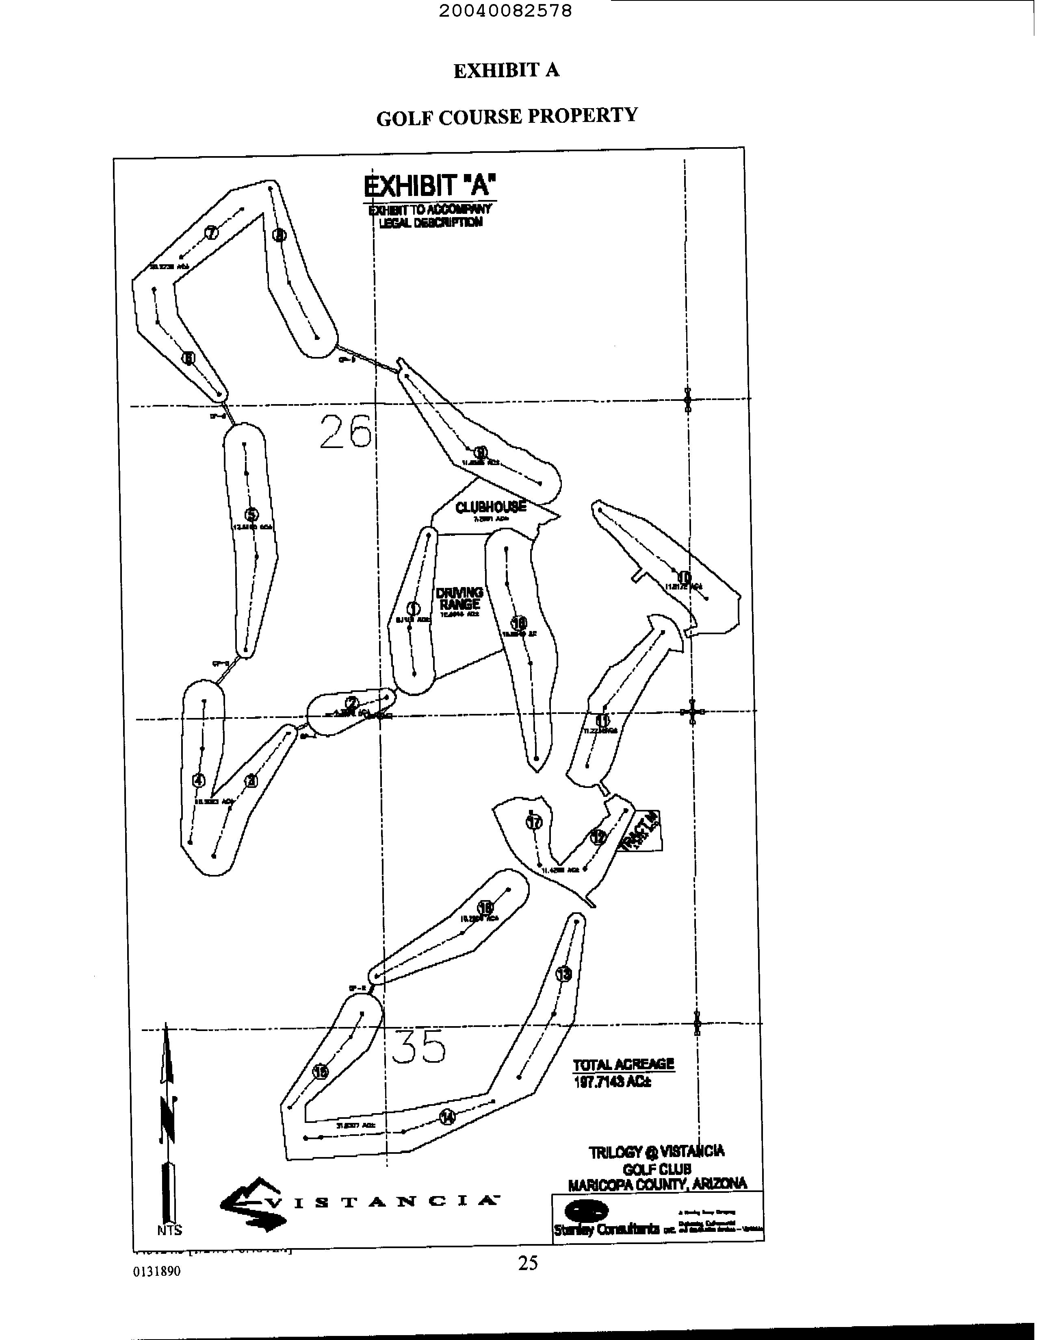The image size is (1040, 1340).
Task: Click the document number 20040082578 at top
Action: point(506,11)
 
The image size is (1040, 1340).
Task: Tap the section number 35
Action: point(418,1046)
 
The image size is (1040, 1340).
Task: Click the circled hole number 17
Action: point(535,822)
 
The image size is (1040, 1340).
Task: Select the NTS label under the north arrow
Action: point(169,1229)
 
